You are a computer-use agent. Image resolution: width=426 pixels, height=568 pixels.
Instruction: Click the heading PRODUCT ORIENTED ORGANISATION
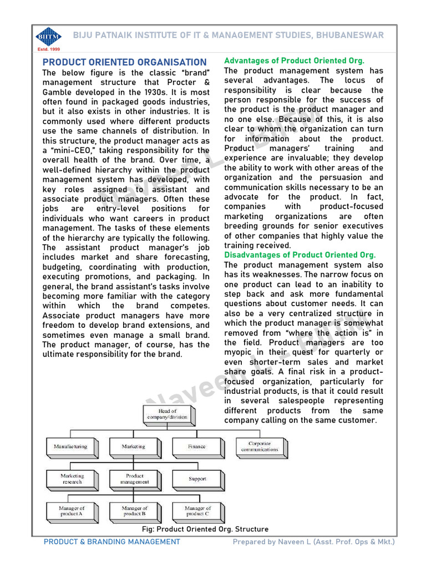tap(125, 63)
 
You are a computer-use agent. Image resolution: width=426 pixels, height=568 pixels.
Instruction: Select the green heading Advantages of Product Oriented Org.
tap(294, 60)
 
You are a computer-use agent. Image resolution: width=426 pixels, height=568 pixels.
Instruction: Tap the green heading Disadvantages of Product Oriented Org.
tap(300, 255)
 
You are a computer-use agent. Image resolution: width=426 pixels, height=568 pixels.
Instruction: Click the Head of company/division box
tap(166, 414)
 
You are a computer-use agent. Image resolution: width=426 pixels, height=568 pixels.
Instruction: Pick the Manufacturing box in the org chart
tap(70, 446)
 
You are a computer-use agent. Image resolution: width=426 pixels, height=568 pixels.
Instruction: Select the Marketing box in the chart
tap(134, 446)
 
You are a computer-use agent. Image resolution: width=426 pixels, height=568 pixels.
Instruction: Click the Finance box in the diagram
tap(197, 446)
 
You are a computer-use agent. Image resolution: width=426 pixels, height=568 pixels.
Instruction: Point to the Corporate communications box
tap(260, 446)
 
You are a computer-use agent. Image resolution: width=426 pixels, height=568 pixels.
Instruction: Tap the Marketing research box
tap(72, 479)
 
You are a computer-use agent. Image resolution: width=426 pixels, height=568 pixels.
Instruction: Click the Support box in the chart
tap(197, 479)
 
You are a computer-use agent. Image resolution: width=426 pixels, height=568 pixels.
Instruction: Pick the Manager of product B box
tap(135, 511)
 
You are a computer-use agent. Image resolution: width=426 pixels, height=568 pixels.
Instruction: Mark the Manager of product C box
tap(197, 511)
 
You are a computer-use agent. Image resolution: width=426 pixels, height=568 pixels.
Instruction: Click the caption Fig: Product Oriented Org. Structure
tap(205, 529)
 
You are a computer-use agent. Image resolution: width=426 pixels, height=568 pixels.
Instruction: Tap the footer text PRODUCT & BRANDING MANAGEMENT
tap(111, 542)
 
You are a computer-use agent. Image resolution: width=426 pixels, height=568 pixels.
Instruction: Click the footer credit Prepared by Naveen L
tap(313, 542)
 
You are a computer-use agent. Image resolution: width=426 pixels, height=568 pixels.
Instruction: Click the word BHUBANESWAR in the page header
tap(350, 35)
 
